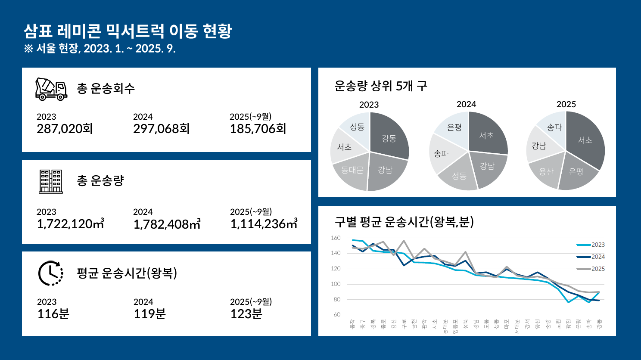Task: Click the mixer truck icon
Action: pos(51,89)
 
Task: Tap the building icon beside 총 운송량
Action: pos(51,181)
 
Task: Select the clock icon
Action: pos(51,273)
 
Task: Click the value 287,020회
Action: pos(65,129)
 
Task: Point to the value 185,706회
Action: pos(258,129)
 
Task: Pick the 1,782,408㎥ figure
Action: pos(167,224)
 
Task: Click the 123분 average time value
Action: pos(246,314)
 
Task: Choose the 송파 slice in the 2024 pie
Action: pos(441,153)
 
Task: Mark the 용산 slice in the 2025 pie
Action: pos(546,171)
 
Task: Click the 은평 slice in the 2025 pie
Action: pos(576,172)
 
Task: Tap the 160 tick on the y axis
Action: pos(336,238)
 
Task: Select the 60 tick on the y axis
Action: pos(337,314)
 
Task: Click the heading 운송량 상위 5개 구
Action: pos(381,86)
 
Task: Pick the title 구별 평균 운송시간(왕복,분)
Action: pos(404,222)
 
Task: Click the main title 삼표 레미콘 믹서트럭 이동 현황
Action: pos(128,31)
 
